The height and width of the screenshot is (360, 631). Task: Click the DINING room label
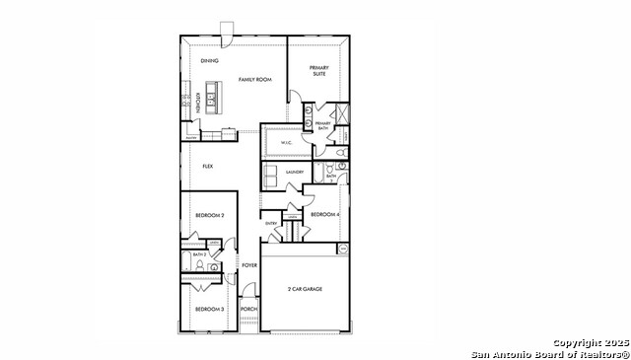[209, 61]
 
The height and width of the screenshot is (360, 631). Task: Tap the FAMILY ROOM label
[254, 79]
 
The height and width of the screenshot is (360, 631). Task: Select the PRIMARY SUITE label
[318, 70]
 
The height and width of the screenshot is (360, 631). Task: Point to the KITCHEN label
[198, 102]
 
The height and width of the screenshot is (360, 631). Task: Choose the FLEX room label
[208, 166]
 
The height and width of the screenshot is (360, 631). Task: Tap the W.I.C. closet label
[286, 143]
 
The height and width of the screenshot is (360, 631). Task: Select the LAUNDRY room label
[294, 173]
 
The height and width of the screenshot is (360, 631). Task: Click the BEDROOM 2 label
[209, 215]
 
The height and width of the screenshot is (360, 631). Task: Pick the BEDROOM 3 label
[209, 310]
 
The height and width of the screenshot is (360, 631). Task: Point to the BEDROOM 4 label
[324, 215]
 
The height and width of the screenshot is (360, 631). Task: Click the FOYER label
[249, 264]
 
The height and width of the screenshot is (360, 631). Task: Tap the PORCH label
[248, 310]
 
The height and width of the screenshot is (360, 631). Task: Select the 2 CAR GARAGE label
[305, 289]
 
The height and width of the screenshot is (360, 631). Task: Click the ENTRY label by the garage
[271, 224]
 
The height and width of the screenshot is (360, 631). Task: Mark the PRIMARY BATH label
[322, 125]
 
